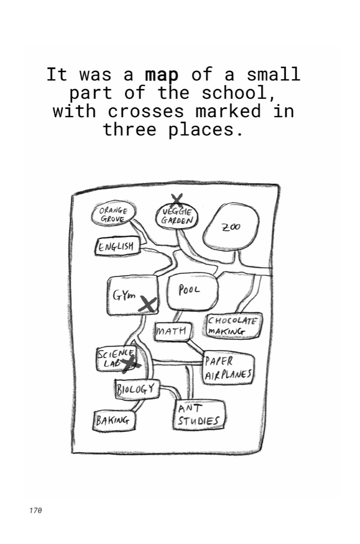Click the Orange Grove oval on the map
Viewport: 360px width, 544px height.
(114, 215)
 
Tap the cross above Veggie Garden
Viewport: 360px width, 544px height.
(177, 200)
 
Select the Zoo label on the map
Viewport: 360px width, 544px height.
(231, 227)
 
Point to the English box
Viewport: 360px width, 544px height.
(117, 247)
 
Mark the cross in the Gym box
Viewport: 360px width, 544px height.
(148, 304)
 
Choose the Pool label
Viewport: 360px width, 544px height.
(189, 289)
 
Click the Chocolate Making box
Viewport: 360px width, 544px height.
(233, 325)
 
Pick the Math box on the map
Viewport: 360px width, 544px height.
(173, 331)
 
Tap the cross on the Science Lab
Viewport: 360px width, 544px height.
(131, 364)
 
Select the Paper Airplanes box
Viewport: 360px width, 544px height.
(228, 368)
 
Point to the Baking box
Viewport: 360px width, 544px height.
(114, 421)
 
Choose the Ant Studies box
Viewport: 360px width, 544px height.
(199, 415)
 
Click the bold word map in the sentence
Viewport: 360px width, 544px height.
(162, 75)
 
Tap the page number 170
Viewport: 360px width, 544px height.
(36, 510)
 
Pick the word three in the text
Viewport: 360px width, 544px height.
(130, 130)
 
